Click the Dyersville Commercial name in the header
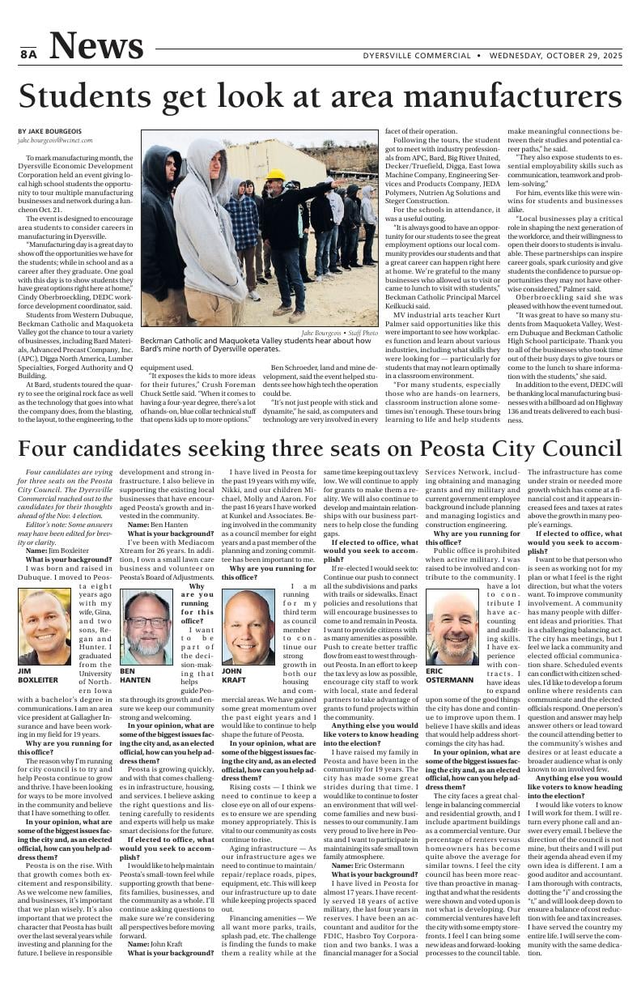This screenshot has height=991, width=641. point(417,56)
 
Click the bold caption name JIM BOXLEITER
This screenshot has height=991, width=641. point(38,675)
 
